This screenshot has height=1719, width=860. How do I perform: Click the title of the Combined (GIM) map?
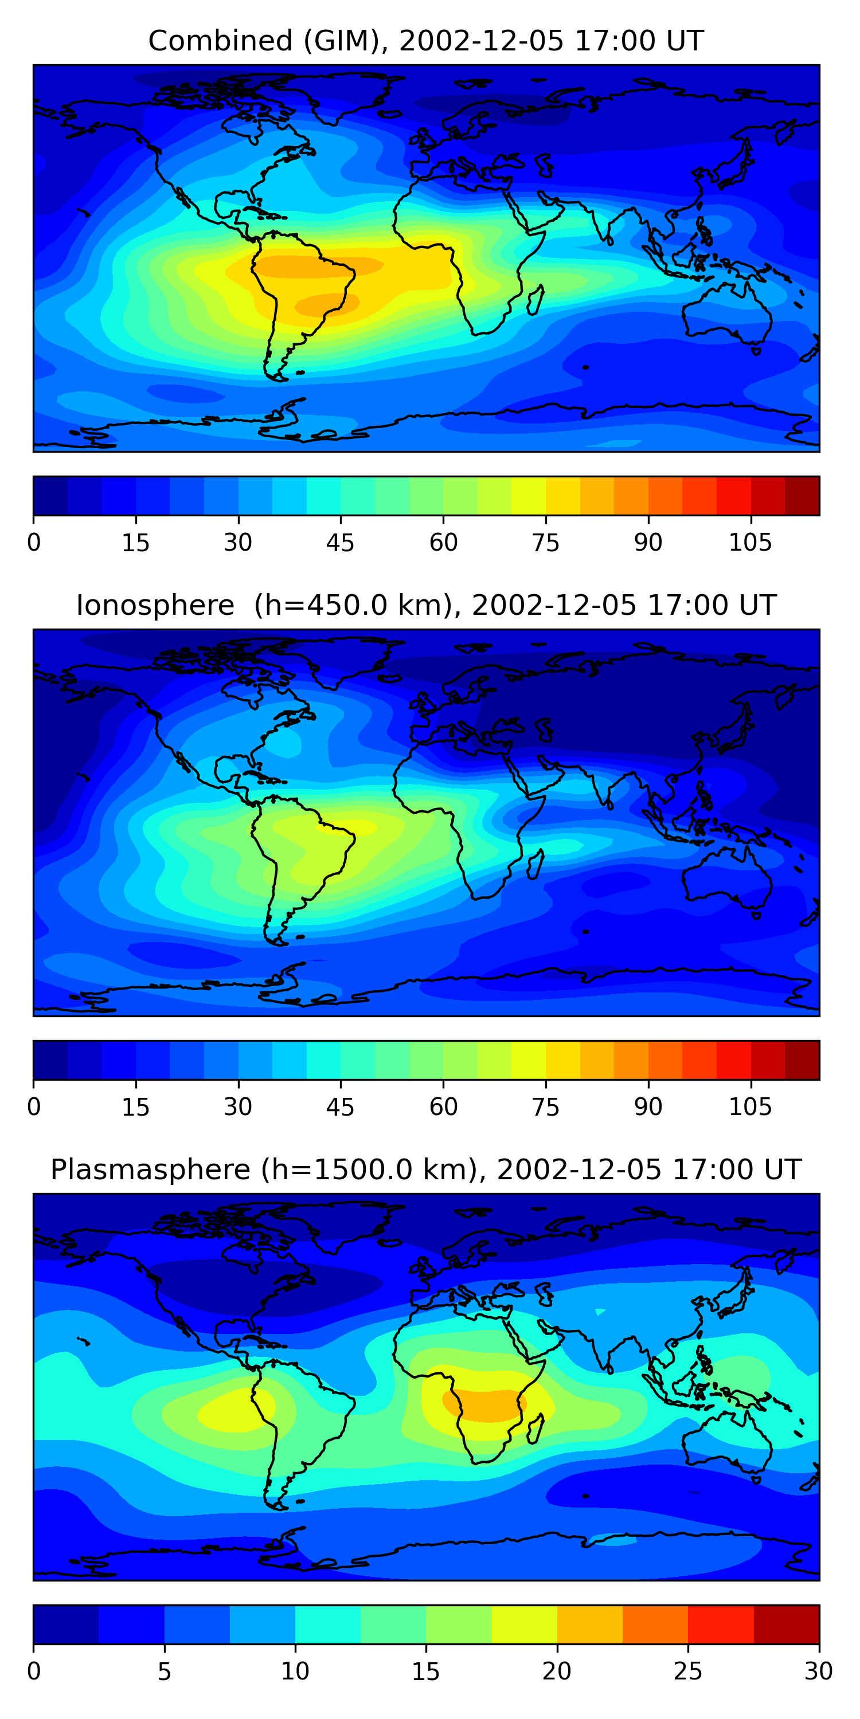coord(425,41)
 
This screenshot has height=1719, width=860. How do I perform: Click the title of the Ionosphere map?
coord(425,606)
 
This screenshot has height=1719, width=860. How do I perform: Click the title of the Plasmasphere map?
coord(425,1170)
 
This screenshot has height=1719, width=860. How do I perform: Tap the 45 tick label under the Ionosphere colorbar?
coord(340,1107)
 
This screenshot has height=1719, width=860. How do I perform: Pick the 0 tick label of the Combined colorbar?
coord(34,543)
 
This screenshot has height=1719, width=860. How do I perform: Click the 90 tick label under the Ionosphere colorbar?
coord(648,1107)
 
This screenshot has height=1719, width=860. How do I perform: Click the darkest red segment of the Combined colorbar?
coord(802,496)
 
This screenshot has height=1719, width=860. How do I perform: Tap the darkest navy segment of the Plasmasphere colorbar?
coord(65,1624)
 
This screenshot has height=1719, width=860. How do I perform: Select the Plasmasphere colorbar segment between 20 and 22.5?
coord(589,1624)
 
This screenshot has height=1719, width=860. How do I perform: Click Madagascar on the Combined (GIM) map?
coord(535,300)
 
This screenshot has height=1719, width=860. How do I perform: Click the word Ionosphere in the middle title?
coord(155,606)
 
